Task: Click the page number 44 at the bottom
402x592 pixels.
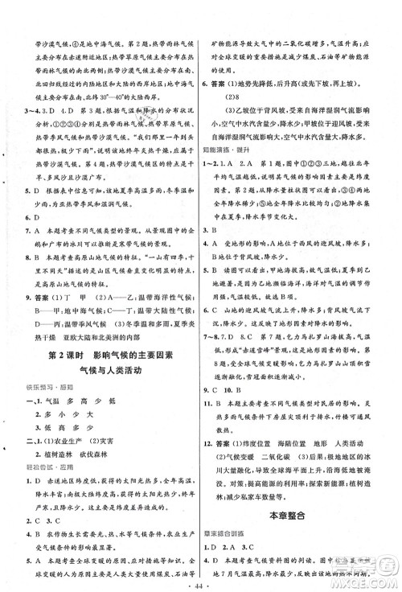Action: click(199, 578)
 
